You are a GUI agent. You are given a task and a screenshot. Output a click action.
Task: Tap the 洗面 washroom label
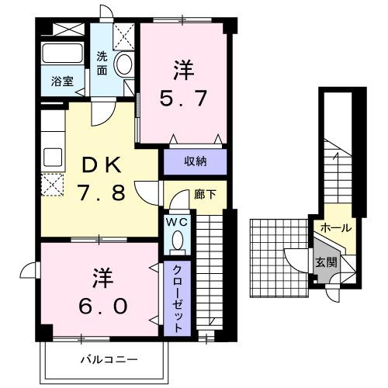102,63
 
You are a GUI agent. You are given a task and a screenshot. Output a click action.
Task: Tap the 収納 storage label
195,161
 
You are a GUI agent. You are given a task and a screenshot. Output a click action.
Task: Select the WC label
175,222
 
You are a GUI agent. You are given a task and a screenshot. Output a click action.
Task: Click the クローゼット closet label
177,299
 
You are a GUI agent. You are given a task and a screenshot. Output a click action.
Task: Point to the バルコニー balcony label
109,359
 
